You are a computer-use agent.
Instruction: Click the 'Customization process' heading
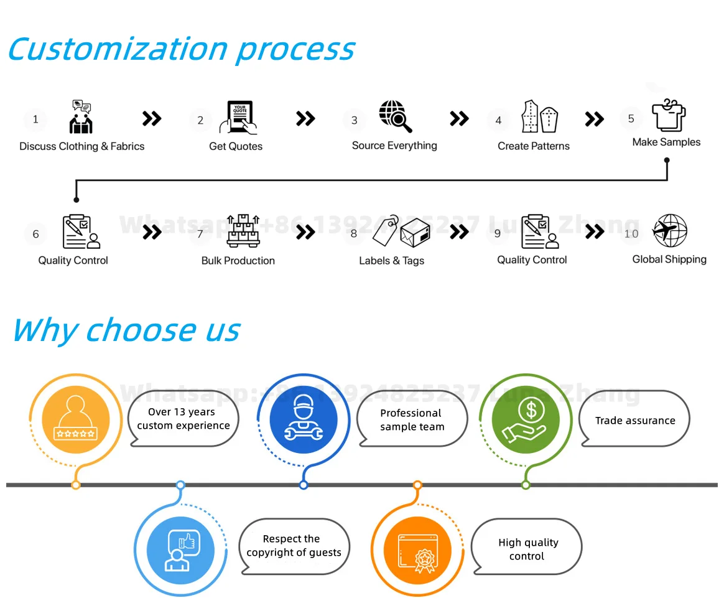point(181,49)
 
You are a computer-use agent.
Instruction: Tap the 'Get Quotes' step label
point(236,146)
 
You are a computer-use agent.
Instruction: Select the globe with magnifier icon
point(396,116)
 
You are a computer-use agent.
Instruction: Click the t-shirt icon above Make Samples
point(669,115)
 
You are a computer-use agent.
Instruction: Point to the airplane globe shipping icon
point(670,231)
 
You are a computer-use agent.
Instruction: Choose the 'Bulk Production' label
point(238,261)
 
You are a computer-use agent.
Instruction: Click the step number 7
point(200,234)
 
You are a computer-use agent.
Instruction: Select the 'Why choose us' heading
point(126,330)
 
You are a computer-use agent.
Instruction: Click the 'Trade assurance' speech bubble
point(635,421)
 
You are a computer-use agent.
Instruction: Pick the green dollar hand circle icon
point(526,418)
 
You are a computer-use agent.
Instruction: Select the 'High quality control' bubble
point(527,549)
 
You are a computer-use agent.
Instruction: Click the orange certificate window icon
point(417,550)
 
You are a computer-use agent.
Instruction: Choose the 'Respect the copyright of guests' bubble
point(294,546)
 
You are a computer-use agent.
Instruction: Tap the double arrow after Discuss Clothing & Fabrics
point(152,118)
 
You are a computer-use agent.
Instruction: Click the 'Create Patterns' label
point(534,146)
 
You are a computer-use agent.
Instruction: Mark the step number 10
point(631,234)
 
